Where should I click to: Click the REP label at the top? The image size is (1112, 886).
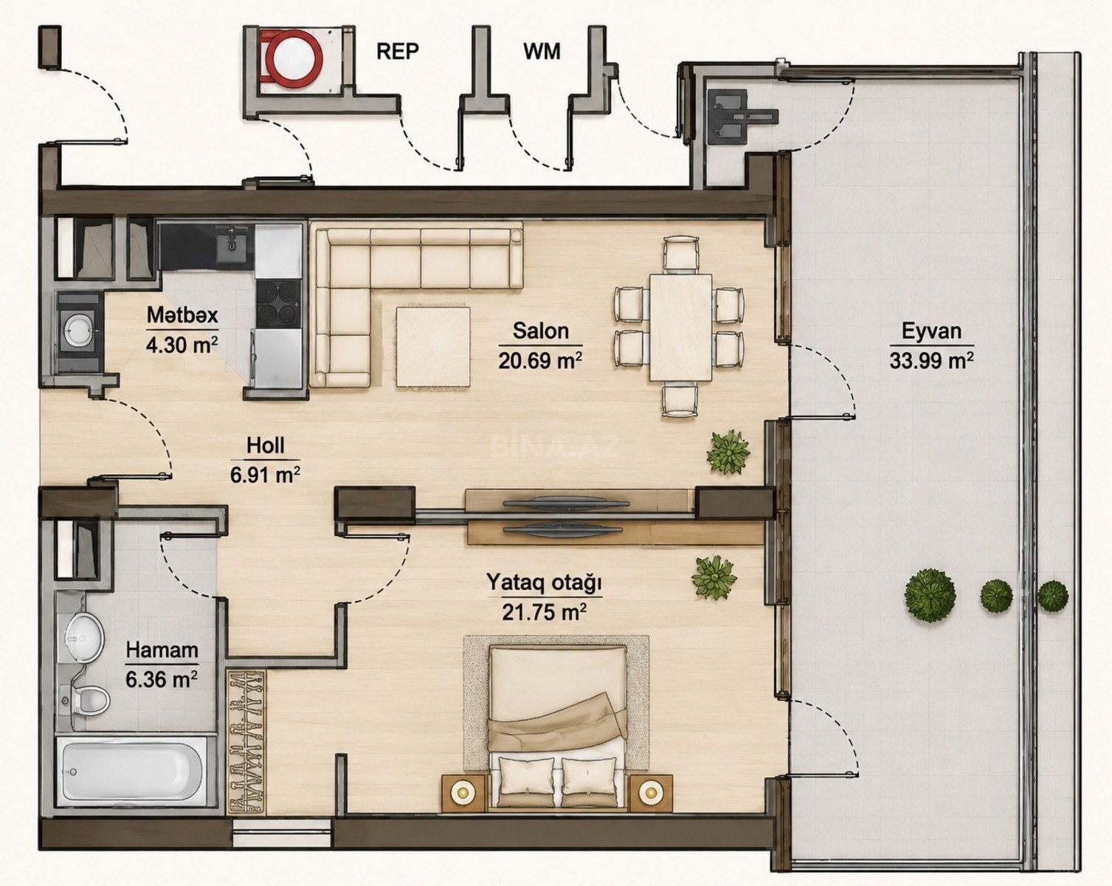[398, 52]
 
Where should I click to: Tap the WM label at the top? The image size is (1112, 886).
[542, 52]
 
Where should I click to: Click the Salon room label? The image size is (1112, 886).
[540, 331]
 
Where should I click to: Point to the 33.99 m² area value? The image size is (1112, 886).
[931, 360]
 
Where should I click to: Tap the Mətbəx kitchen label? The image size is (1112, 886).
[182, 315]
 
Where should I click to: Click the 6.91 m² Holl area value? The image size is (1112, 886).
[266, 474]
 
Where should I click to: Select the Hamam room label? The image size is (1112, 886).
[162, 650]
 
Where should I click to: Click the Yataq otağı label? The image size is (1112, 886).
[544, 583]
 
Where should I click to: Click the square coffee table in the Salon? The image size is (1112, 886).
[434, 346]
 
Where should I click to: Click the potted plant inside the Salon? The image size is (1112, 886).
[728, 453]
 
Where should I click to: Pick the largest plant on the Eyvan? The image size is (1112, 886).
[930, 595]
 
